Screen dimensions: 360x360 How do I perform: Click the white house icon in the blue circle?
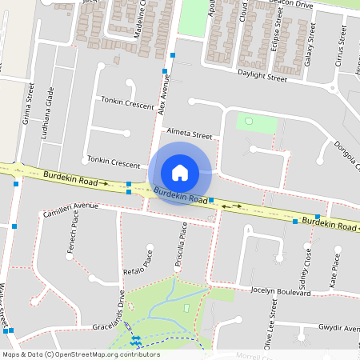click(x=180, y=172)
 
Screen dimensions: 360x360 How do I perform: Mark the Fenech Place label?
click(x=74, y=238)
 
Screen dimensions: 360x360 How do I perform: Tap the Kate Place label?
click(x=334, y=271)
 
